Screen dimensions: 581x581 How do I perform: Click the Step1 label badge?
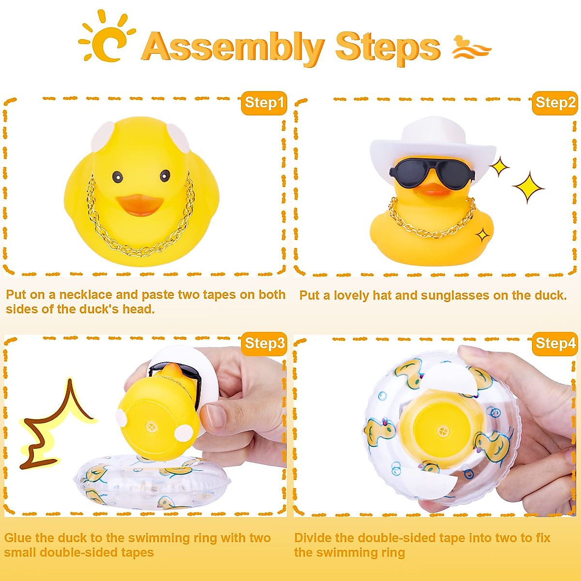[x=264, y=103]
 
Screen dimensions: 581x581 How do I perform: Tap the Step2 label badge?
[x=555, y=103]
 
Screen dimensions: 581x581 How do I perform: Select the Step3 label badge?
[x=264, y=343]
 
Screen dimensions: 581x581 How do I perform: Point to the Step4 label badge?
[x=555, y=343]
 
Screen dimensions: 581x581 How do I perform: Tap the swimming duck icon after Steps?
[x=471, y=47]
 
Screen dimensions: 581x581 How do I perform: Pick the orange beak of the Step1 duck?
[x=139, y=204]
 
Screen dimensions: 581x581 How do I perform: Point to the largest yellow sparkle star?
[x=528, y=187]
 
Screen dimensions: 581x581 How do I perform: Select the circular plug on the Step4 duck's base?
[x=443, y=430]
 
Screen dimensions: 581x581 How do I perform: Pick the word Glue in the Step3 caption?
[x=18, y=538]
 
